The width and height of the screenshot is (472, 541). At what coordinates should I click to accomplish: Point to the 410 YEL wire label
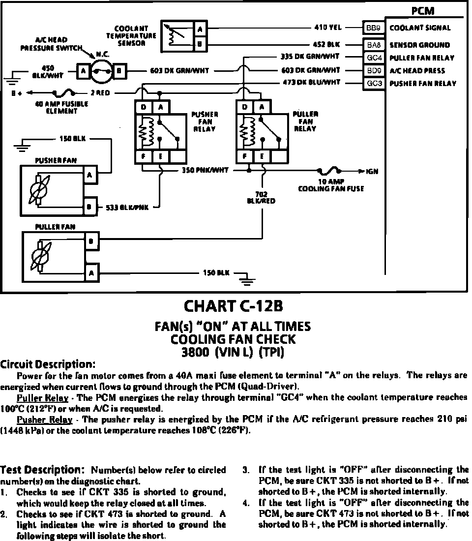coord(327,28)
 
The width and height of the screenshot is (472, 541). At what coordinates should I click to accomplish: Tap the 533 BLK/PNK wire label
coord(127,208)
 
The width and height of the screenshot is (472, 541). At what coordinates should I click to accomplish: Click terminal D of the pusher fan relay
coord(143,107)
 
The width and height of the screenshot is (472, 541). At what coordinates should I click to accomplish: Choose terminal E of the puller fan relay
coord(263,156)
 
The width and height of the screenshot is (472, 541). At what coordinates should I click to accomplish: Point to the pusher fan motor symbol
coord(38,189)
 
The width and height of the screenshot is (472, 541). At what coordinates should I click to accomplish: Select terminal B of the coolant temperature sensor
coord(200,45)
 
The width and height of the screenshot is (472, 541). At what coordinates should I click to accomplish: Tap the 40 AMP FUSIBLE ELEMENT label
coord(55,108)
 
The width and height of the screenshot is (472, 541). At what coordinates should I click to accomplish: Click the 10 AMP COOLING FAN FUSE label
coord(330,185)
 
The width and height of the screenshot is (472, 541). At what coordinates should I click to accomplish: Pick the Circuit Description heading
coord(47,364)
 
